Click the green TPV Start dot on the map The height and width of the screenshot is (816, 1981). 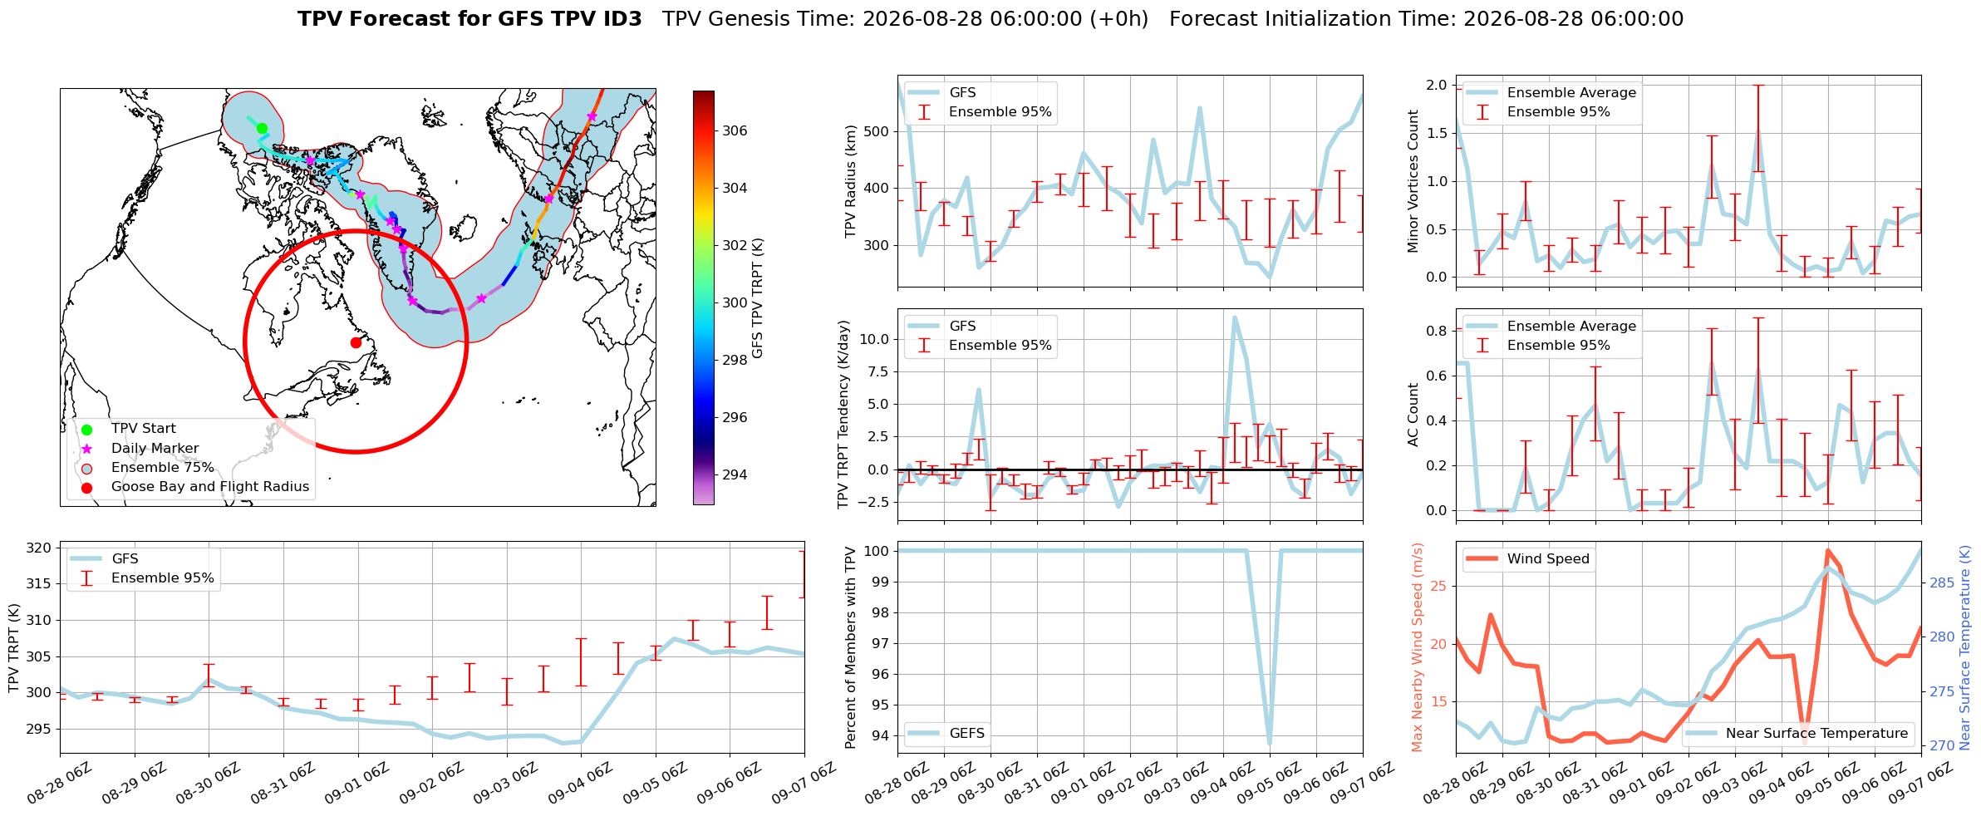coord(262,128)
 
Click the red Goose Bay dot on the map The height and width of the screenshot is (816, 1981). coord(356,342)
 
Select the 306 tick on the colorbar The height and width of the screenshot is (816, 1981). coord(735,130)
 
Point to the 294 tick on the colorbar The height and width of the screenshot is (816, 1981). coord(735,474)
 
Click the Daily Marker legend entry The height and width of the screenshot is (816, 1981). coord(141,449)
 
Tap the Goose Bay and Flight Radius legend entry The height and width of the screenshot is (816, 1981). coord(195,487)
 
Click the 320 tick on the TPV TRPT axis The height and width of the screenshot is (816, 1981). coord(39,548)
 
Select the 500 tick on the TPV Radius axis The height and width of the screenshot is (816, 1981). coord(877,131)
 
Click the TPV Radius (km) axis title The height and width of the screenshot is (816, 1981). coord(850,181)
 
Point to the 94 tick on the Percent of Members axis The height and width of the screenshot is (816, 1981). coord(881,735)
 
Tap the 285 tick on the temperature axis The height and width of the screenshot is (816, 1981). coord(1941,583)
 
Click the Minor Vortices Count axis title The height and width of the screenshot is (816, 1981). coord(1413,181)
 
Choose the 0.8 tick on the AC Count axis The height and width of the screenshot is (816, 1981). coord(1438,331)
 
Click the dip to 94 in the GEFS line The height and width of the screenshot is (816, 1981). coord(1270,743)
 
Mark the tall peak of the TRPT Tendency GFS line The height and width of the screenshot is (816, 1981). coord(1235,317)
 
